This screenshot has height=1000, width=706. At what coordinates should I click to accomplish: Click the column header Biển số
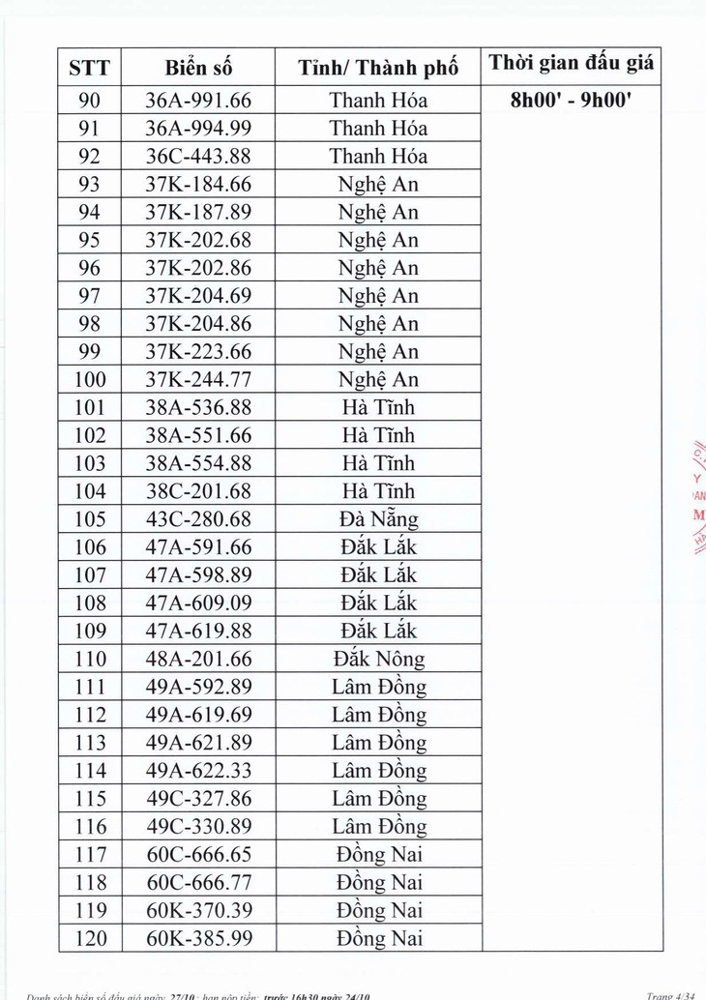[x=198, y=69]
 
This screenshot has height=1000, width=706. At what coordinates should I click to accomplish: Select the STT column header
[x=90, y=69]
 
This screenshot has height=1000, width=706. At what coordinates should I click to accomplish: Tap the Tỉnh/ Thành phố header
[x=378, y=69]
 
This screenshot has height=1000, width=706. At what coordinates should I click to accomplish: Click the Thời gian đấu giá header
[x=572, y=64]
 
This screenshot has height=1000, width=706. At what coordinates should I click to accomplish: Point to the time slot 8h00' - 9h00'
[x=572, y=100]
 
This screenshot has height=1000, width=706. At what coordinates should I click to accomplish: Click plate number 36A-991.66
[x=198, y=100]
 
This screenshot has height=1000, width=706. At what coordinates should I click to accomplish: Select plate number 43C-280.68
[x=198, y=519]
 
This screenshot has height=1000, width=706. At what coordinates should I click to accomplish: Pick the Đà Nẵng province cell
[x=378, y=519]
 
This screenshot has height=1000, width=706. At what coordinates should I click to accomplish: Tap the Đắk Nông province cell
[x=378, y=660]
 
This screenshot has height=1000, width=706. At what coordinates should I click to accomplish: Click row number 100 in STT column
[x=90, y=379]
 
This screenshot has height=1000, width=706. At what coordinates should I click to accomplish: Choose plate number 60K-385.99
[x=198, y=938]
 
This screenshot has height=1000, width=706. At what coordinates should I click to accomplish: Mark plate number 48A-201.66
[x=198, y=660]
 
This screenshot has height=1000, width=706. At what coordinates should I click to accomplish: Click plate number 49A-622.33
[x=198, y=771]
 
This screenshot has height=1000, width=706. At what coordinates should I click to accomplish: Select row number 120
[x=90, y=938]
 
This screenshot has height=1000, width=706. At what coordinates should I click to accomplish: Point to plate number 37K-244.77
[x=198, y=379]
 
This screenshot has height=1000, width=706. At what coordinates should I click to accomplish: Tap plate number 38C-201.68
[x=198, y=491]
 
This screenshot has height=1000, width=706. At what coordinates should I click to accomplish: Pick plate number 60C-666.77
[x=198, y=882]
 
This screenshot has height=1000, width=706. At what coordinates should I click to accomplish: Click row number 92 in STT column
[x=90, y=156]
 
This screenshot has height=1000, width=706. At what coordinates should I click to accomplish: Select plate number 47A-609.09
[x=198, y=603]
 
